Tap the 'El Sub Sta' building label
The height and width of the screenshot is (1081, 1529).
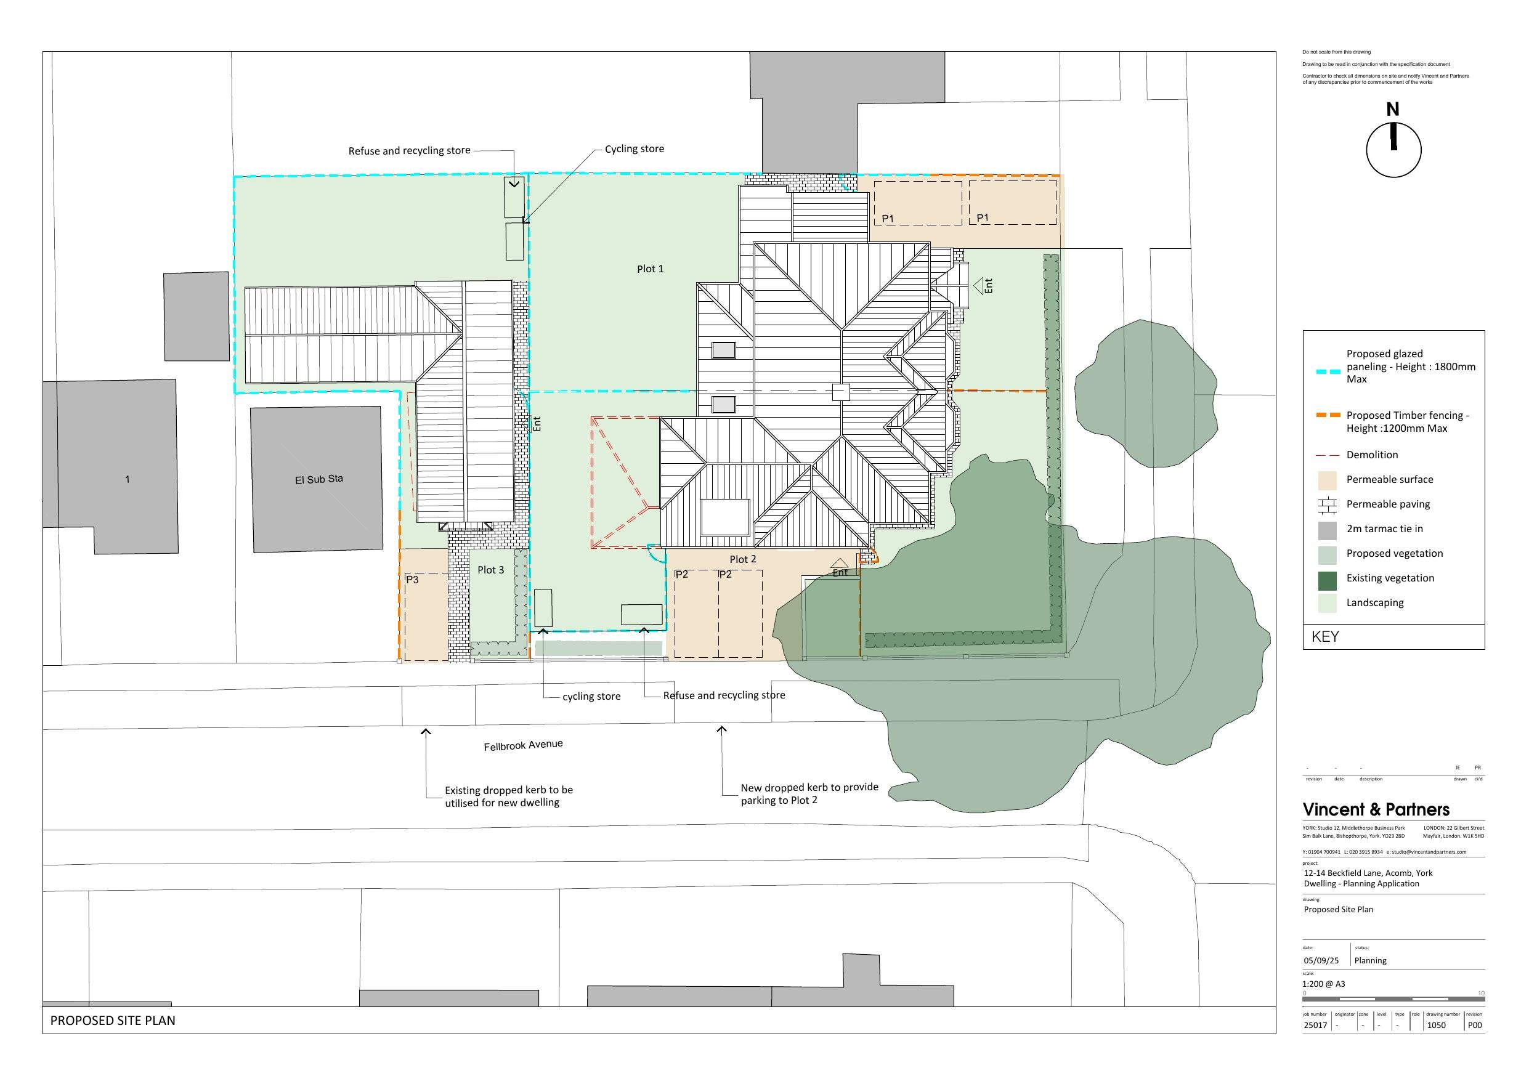[319, 479]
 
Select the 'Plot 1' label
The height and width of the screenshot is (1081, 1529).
[650, 269]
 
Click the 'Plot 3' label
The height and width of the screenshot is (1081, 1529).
[491, 570]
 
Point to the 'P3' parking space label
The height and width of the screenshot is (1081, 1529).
[412, 580]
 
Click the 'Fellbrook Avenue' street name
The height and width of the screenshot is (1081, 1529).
[523, 745]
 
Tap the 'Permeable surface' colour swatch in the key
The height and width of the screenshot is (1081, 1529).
[1327, 480]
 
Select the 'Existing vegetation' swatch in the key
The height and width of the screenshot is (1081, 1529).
[1327, 579]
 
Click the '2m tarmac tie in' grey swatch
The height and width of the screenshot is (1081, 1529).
[1327, 530]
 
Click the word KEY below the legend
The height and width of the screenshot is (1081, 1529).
[1325, 637]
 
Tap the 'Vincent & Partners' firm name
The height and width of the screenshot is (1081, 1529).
[1376, 810]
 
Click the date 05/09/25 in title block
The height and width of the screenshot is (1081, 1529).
[1321, 960]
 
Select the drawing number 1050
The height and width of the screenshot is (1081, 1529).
[1436, 1025]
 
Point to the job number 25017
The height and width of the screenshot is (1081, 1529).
[1315, 1025]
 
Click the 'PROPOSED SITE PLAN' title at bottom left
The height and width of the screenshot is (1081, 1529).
[113, 1021]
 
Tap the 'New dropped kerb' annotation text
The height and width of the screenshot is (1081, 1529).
[809, 794]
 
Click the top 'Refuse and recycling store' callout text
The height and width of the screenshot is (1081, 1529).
[409, 151]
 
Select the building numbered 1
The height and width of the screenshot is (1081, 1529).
[127, 479]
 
